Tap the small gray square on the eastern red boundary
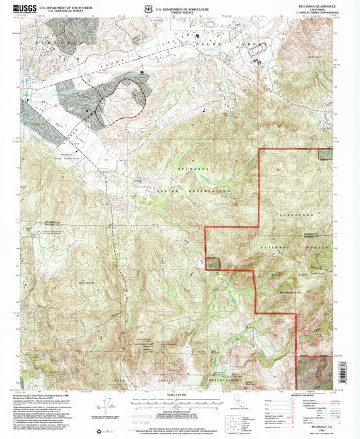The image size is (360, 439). tap(326, 153)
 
